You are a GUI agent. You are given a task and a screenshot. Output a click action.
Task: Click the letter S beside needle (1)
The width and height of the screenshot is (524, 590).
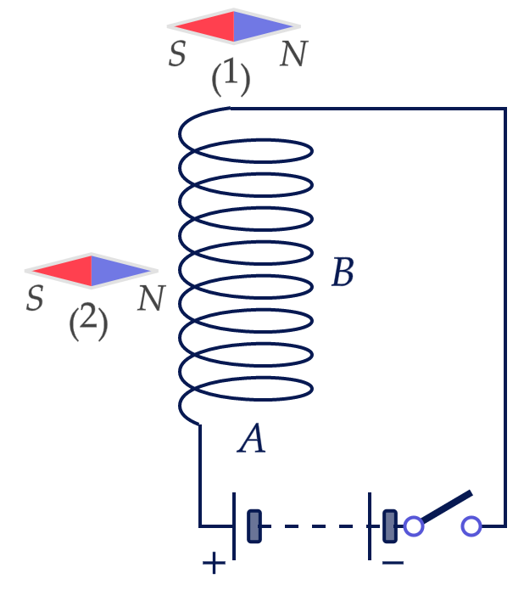[x=177, y=53]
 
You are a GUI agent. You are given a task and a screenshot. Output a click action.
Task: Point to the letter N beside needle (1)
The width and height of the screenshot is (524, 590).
[x=294, y=53]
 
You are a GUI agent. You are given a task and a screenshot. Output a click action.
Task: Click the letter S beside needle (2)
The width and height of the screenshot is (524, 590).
[x=35, y=298]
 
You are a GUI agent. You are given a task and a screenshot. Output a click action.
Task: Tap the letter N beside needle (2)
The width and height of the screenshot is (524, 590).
[x=151, y=298]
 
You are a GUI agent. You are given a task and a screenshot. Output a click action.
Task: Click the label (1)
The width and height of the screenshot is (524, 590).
[x=231, y=77]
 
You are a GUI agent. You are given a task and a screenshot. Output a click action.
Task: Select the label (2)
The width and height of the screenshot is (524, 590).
[x=88, y=322]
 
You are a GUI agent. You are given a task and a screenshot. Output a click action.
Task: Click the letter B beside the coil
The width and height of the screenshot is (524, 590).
[x=343, y=272]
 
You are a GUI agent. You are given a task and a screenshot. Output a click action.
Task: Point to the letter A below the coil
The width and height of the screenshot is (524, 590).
[x=252, y=437]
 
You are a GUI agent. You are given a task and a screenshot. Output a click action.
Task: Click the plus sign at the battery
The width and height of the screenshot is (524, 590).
[x=214, y=563]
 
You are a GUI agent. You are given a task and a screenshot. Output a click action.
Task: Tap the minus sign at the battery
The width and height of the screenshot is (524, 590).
[x=393, y=563]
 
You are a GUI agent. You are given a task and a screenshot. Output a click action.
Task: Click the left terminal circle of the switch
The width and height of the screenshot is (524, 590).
[x=414, y=526]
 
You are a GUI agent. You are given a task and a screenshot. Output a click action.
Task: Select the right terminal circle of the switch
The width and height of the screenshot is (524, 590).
[x=471, y=526]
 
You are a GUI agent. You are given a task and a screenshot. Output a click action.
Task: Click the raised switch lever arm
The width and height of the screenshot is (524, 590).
[x=447, y=507]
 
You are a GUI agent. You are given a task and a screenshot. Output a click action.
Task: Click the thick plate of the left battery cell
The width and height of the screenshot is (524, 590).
[x=254, y=526]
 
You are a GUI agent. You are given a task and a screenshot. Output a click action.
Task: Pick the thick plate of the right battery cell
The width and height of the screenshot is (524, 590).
[x=390, y=526]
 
